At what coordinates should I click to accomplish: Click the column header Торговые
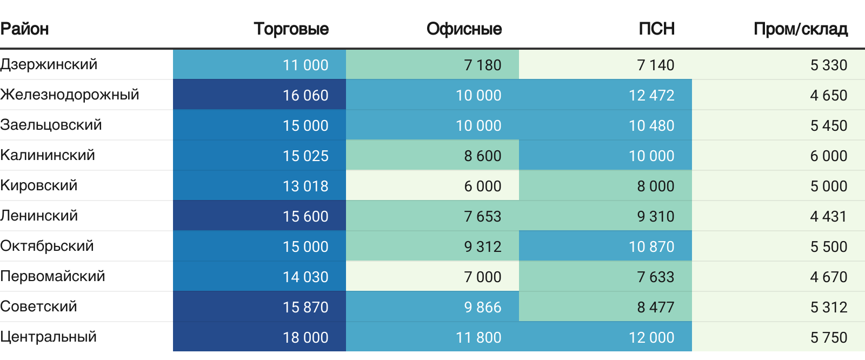(291, 29)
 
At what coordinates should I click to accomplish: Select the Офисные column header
(464, 29)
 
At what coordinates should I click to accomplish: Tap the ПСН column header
(656, 29)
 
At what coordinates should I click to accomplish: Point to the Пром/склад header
(800, 29)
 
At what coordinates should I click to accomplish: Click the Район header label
(24, 29)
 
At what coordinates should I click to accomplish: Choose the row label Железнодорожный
(70, 95)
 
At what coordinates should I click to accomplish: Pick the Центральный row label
(49, 337)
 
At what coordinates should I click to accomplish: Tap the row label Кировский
(39, 185)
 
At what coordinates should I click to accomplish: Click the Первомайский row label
(52, 276)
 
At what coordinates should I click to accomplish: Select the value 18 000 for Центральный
(305, 337)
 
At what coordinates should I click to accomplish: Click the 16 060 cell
(305, 95)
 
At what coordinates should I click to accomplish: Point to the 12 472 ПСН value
(651, 95)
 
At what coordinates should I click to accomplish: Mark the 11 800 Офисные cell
(478, 337)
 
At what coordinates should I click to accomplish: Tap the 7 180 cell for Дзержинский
(483, 65)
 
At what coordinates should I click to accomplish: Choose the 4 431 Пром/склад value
(829, 216)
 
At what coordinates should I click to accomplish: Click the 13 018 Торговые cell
(305, 186)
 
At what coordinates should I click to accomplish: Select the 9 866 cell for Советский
(483, 307)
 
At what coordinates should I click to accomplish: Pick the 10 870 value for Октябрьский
(651, 246)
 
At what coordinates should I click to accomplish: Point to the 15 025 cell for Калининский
(305, 156)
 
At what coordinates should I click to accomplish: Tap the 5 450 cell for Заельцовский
(829, 125)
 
